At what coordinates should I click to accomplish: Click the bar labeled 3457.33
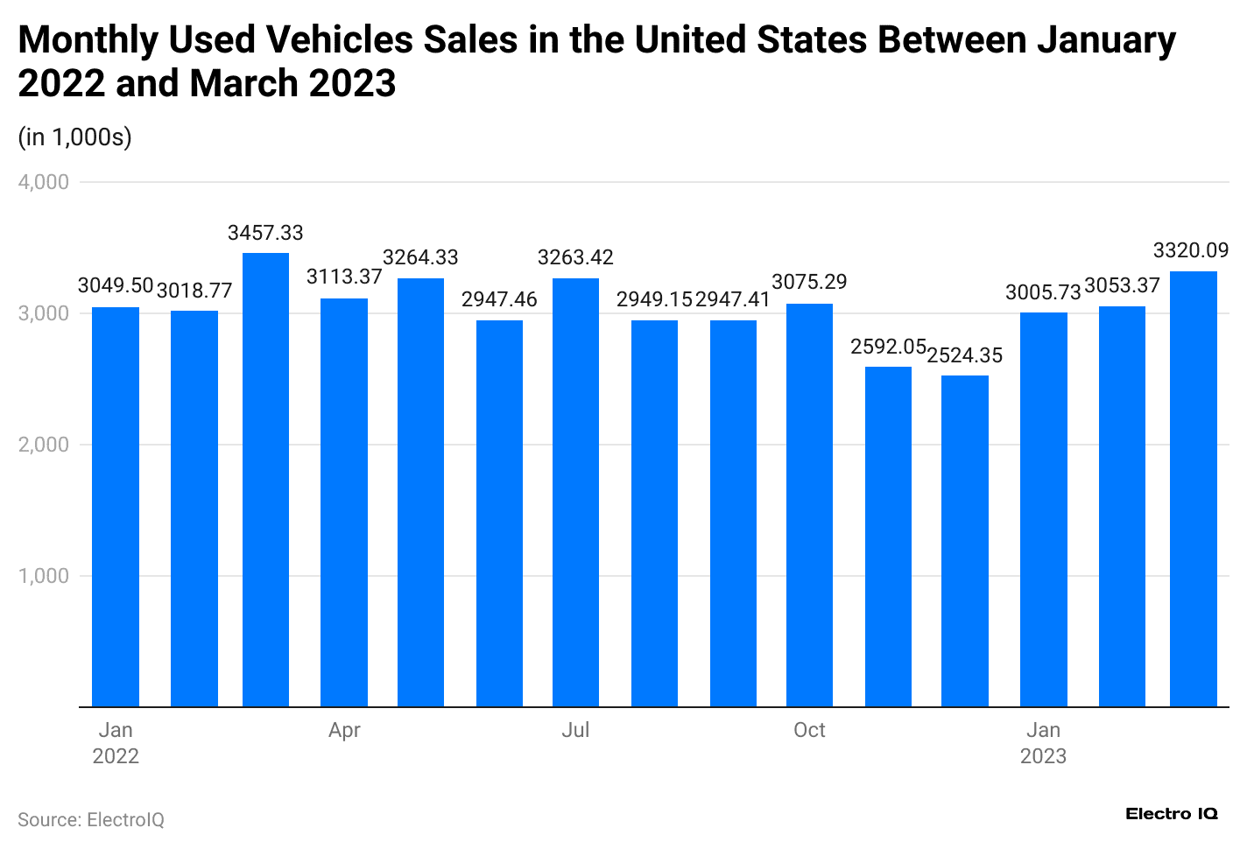pyautogui.click(x=265, y=480)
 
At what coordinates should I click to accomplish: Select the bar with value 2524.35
pyautogui.click(x=964, y=541)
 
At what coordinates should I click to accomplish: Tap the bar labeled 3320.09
pyautogui.click(x=1193, y=488)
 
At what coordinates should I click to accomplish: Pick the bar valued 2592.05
pyautogui.click(x=888, y=537)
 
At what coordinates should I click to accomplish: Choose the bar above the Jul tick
pyautogui.click(x=575, y=492)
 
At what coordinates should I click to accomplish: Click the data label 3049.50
pyautogui.click(x=116, y=286)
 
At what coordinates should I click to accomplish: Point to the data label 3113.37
pyautogui.click(x=344, y=277)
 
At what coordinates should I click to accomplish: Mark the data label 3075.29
pyautogui.click(x=809, y=283)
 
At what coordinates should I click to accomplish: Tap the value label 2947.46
pyautogui.click(x=499, y=300)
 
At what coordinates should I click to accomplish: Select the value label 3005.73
pyautogui.click(x=1043, y=292)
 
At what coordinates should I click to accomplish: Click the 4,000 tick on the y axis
pyautogui.click(x=44, y=182)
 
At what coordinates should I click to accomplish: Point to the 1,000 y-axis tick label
pyautogui.click(x=44, y=576)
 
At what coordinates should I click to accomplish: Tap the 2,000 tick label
pyautogui.click(x=44, y=445)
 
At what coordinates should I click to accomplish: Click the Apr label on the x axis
pyautogui.click(x=344, y=731)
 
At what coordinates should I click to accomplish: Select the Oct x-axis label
pyautogui.click(x=809, y=731)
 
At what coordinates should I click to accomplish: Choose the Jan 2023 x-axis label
pyautogui.click(x=1043, y=743)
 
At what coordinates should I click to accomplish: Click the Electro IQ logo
pyautogui.click(x=1171, y=814)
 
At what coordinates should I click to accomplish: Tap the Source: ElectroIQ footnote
pyautogui.click(x=91, y=820)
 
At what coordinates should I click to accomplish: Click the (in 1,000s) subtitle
pyautogui.click(x=74, y=137)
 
